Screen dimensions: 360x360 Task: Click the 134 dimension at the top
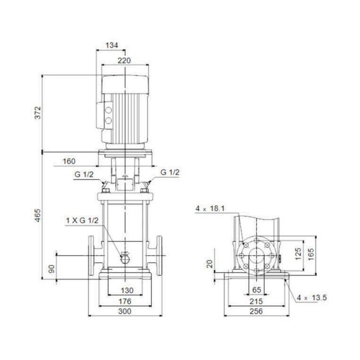coord(112,45)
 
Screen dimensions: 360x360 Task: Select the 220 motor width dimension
coord(124,60)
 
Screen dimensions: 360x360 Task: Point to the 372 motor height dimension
coord(38,113)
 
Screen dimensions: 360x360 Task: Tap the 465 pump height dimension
coord(38,215)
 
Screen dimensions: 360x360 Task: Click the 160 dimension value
coord(69,161)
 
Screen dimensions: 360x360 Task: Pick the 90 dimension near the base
coord(52,269)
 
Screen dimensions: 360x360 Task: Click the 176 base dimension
coord(124,301)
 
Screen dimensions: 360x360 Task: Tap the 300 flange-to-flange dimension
coord(124,311)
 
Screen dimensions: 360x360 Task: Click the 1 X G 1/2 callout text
coord(82,221)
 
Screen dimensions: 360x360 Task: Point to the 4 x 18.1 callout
coord(211,208)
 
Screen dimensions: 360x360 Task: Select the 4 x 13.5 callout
coord(312,297)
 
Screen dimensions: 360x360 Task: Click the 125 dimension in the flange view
coord(297,255)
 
